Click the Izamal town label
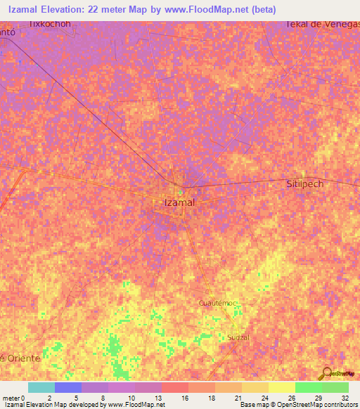(174, 202)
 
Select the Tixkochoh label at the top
(51, 23)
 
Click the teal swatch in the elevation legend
(41, 387)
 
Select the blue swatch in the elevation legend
(67, 387)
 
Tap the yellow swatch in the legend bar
(281, 387)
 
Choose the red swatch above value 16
(174, 387)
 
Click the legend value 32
(345, 397)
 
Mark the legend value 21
(238, 397)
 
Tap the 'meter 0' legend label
(14, 397)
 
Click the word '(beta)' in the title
(261, 9)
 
